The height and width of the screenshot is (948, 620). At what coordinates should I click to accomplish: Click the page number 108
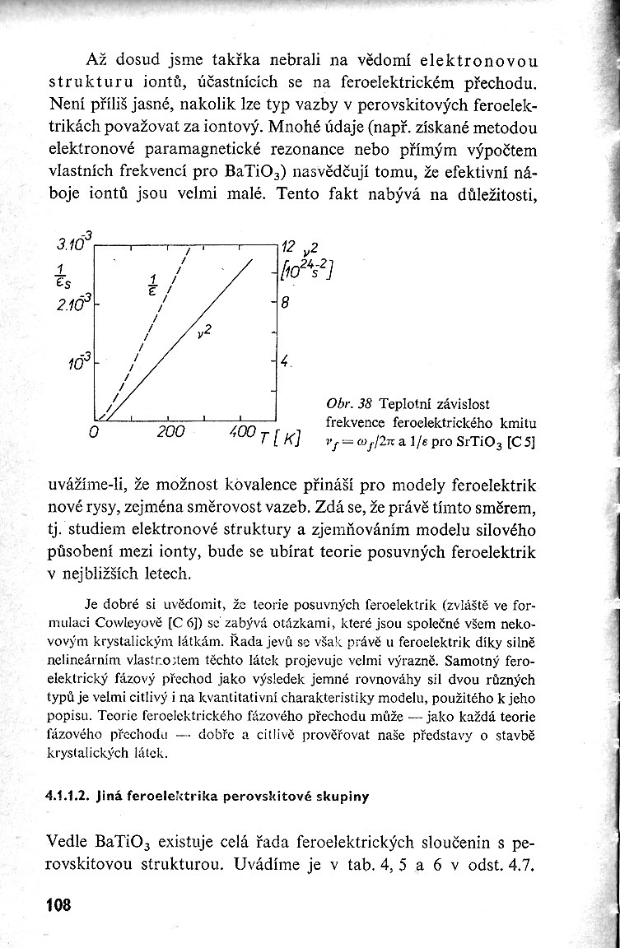pos(59,905)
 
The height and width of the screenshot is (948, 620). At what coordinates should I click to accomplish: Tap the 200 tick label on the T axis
pos(170,431)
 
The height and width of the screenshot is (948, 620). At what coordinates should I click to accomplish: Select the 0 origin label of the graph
pos(94,431)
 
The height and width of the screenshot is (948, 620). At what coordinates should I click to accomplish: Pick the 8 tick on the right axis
pos(286,302)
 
